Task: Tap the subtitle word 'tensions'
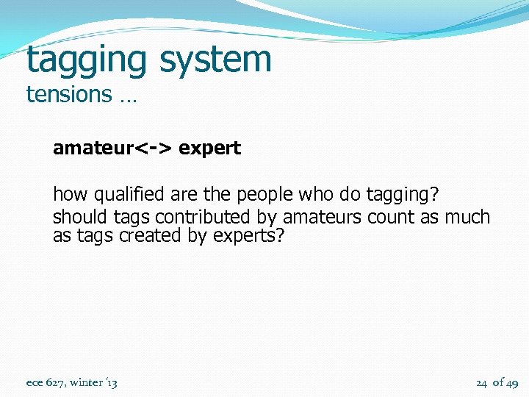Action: [68, 94]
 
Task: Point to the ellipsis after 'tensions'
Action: [127, 97]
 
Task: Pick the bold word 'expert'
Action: [209, 148]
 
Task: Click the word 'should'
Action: [81, 217]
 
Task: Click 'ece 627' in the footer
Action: [43, 382]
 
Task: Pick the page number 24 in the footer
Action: [481, 382]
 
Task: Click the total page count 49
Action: [512, 382]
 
